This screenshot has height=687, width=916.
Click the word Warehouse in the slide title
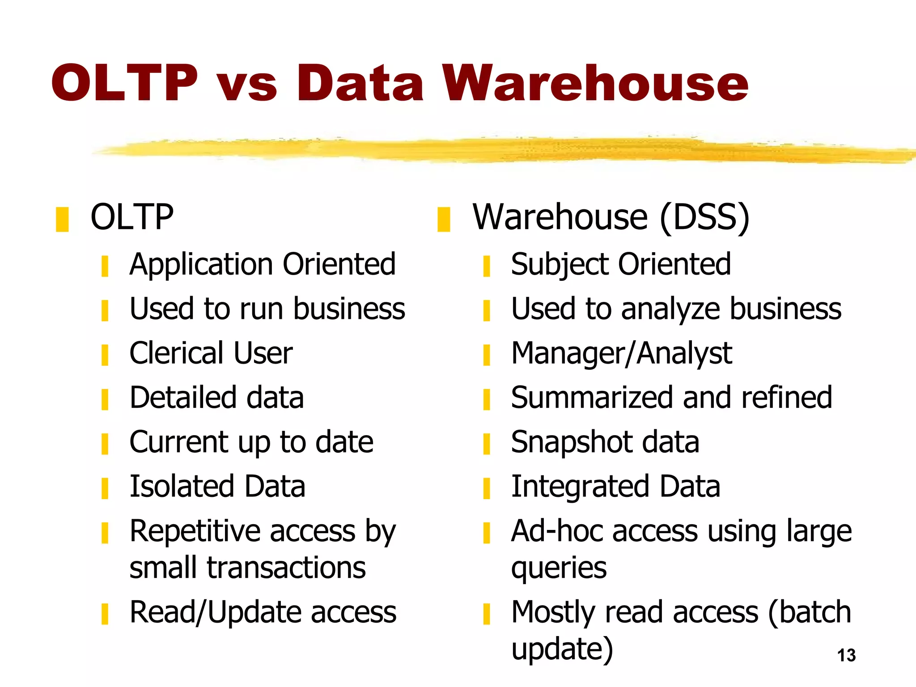coord(596,83)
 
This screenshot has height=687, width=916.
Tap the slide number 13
coord(846,655)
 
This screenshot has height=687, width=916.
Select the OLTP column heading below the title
coord(132,217)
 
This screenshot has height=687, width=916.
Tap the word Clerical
coord(176,353)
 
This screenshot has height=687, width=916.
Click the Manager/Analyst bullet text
coord(621,354)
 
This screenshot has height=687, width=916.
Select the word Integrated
coord(580,487)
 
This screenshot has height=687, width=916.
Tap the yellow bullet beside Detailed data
coord(105,399)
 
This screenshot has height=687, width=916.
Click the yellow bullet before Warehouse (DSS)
coord(444,219)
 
